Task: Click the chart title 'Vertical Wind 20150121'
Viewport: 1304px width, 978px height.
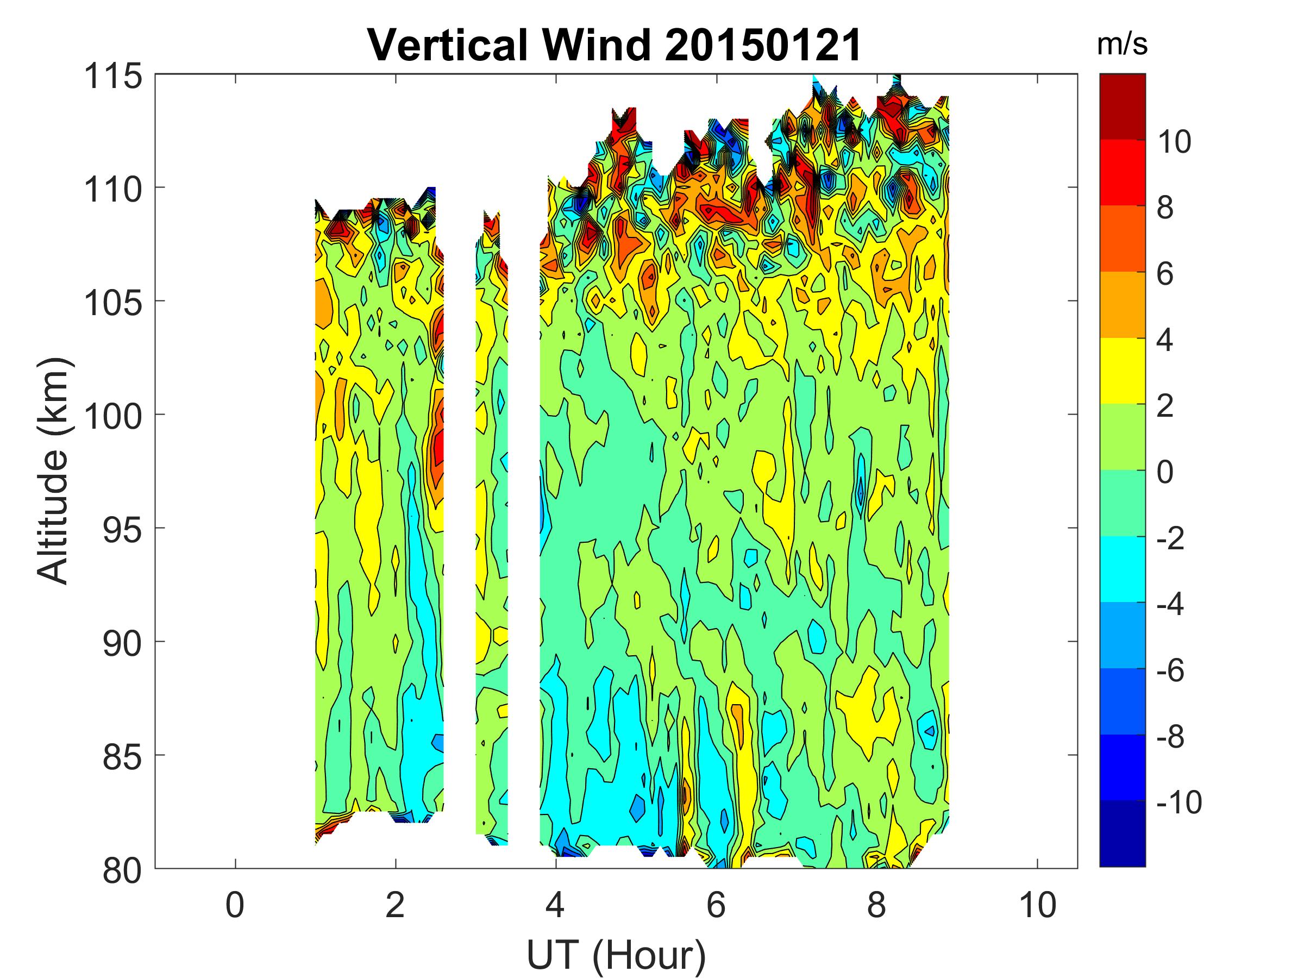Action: [x=615, y=46]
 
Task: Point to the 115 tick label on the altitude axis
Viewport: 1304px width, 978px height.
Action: [x=113, y=77]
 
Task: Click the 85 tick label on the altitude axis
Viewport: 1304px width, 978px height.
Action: [x=122, y=757]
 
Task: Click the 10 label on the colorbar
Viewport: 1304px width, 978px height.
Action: [x=1173, y=142]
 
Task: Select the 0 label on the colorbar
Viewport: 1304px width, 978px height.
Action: [x=1165, y=472]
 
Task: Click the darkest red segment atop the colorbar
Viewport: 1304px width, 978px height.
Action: [x=1123, y=106]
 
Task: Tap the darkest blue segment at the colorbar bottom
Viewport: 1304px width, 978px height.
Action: [x=1123, y=833]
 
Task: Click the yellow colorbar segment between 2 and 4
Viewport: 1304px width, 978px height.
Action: [x=1123, y=371]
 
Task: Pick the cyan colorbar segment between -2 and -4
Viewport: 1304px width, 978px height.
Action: [x=1123, y=569]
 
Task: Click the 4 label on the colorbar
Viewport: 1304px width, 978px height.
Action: [x=1165, y=340]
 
